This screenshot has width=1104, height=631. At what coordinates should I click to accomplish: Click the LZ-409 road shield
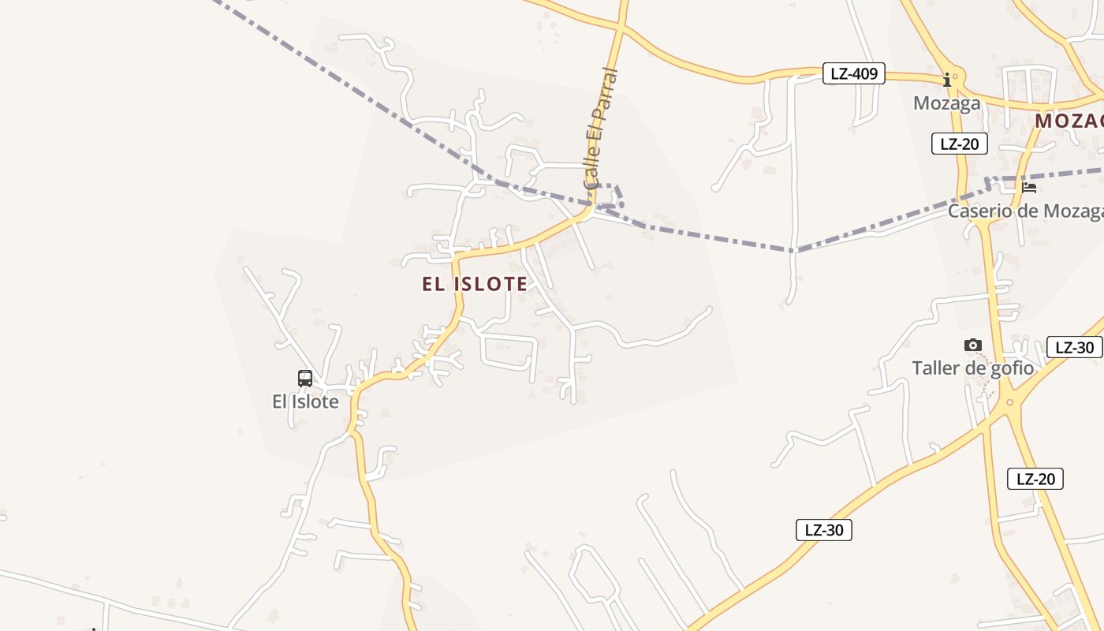[x=853, y=74]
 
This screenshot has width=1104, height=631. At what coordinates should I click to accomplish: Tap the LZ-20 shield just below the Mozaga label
[x=959, y=144]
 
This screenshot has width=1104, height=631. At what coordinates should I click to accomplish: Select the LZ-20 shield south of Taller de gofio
[x=1035, y=478]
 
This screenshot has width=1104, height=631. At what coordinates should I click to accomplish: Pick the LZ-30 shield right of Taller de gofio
[x=1073, y=347]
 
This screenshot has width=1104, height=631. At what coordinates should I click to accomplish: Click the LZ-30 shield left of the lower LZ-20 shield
[x=823, y=530]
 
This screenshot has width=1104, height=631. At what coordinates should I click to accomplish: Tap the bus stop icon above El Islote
[x=305, y=379]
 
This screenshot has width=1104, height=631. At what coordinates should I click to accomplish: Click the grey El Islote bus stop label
[x=305, y=401]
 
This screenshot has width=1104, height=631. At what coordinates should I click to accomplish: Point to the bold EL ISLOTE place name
[x=475, y=284]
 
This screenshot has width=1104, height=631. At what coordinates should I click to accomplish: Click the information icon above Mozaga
[x=947, y=80]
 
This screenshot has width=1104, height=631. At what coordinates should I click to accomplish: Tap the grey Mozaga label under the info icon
[x=946, y=103]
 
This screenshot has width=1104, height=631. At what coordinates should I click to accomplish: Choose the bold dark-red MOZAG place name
[x=1069, y=121]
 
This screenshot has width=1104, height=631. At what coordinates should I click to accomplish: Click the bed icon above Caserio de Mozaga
[x=1029, y=188]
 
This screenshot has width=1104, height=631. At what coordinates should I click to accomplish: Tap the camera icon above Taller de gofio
[x=973, y=345]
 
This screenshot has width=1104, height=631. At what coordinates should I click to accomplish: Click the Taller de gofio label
[x=972, y=368]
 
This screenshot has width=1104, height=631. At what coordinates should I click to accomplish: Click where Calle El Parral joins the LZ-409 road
[x=621, y=28]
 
